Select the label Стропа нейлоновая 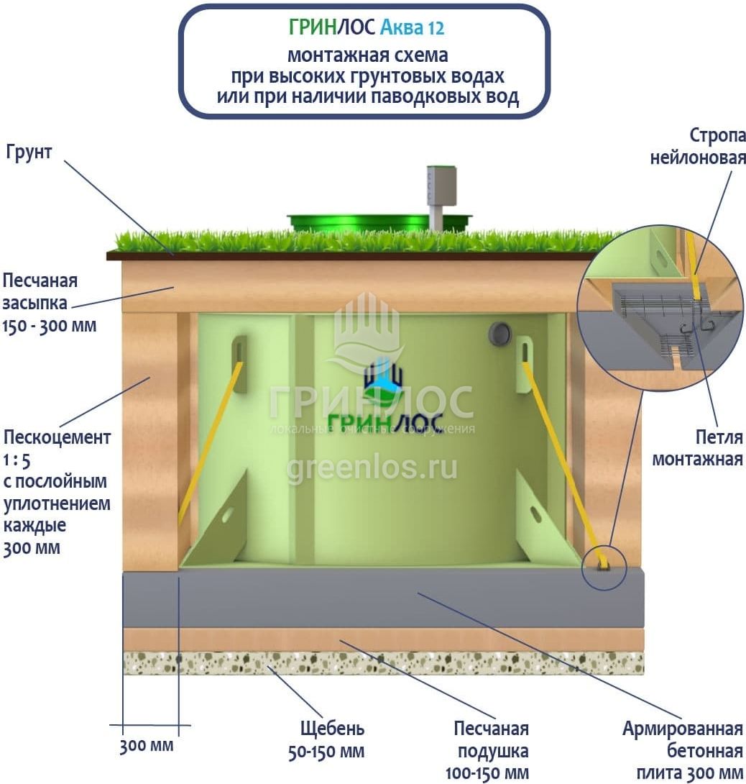[x=697, y=147]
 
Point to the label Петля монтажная [x=697, y=447]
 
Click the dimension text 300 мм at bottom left [x=147, y=745]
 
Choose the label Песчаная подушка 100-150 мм [x=491, y=751]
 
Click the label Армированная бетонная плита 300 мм [x=683, y=751]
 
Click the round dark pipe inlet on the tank [x=499, y=333]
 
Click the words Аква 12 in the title [x=411, y=28]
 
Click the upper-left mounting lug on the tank [x=239, y=363]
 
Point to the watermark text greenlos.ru [x=372, y=468]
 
